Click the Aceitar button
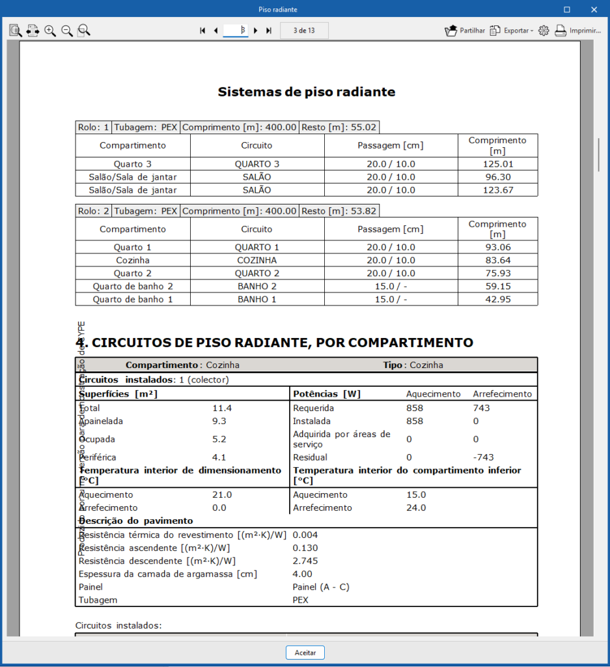pos(305,652)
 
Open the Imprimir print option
pos(578,31)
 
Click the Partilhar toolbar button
pos(465,31)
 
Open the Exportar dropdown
pos(512,31)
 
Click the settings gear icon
pos(544,31)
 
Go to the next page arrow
pos(256,31)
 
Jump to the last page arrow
pos(269,31)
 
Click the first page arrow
pos(202,31)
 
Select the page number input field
pos(235,31)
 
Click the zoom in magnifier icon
pos(50,31)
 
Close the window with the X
pos(594,10)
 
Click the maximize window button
pos(566,10)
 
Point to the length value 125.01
pos(497,164)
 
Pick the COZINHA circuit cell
pos(257,260)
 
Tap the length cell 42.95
pos(497,299)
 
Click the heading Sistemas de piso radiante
pos(306,92)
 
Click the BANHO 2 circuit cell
pos(257,286)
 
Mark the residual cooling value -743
pos(483,457)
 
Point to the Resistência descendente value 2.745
pos(305,561)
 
